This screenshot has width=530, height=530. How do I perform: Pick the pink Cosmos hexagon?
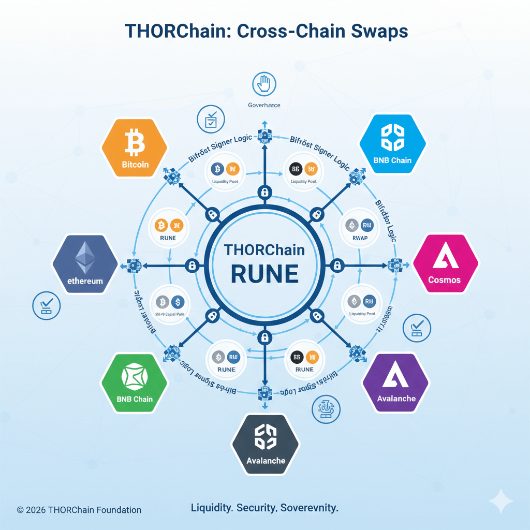point(445,265)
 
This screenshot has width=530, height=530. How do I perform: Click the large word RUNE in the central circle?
point(264,274)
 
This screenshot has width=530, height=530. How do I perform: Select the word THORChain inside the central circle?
point(264,249)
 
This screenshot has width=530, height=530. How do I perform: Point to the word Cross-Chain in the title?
point(281,31)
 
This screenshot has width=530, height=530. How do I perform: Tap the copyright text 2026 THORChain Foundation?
point(79,510)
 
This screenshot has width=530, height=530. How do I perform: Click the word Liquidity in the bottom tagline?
point(212,507)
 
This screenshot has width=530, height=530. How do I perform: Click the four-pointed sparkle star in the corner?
point(500,500)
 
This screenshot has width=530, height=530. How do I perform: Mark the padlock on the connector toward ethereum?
point(192,266)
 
